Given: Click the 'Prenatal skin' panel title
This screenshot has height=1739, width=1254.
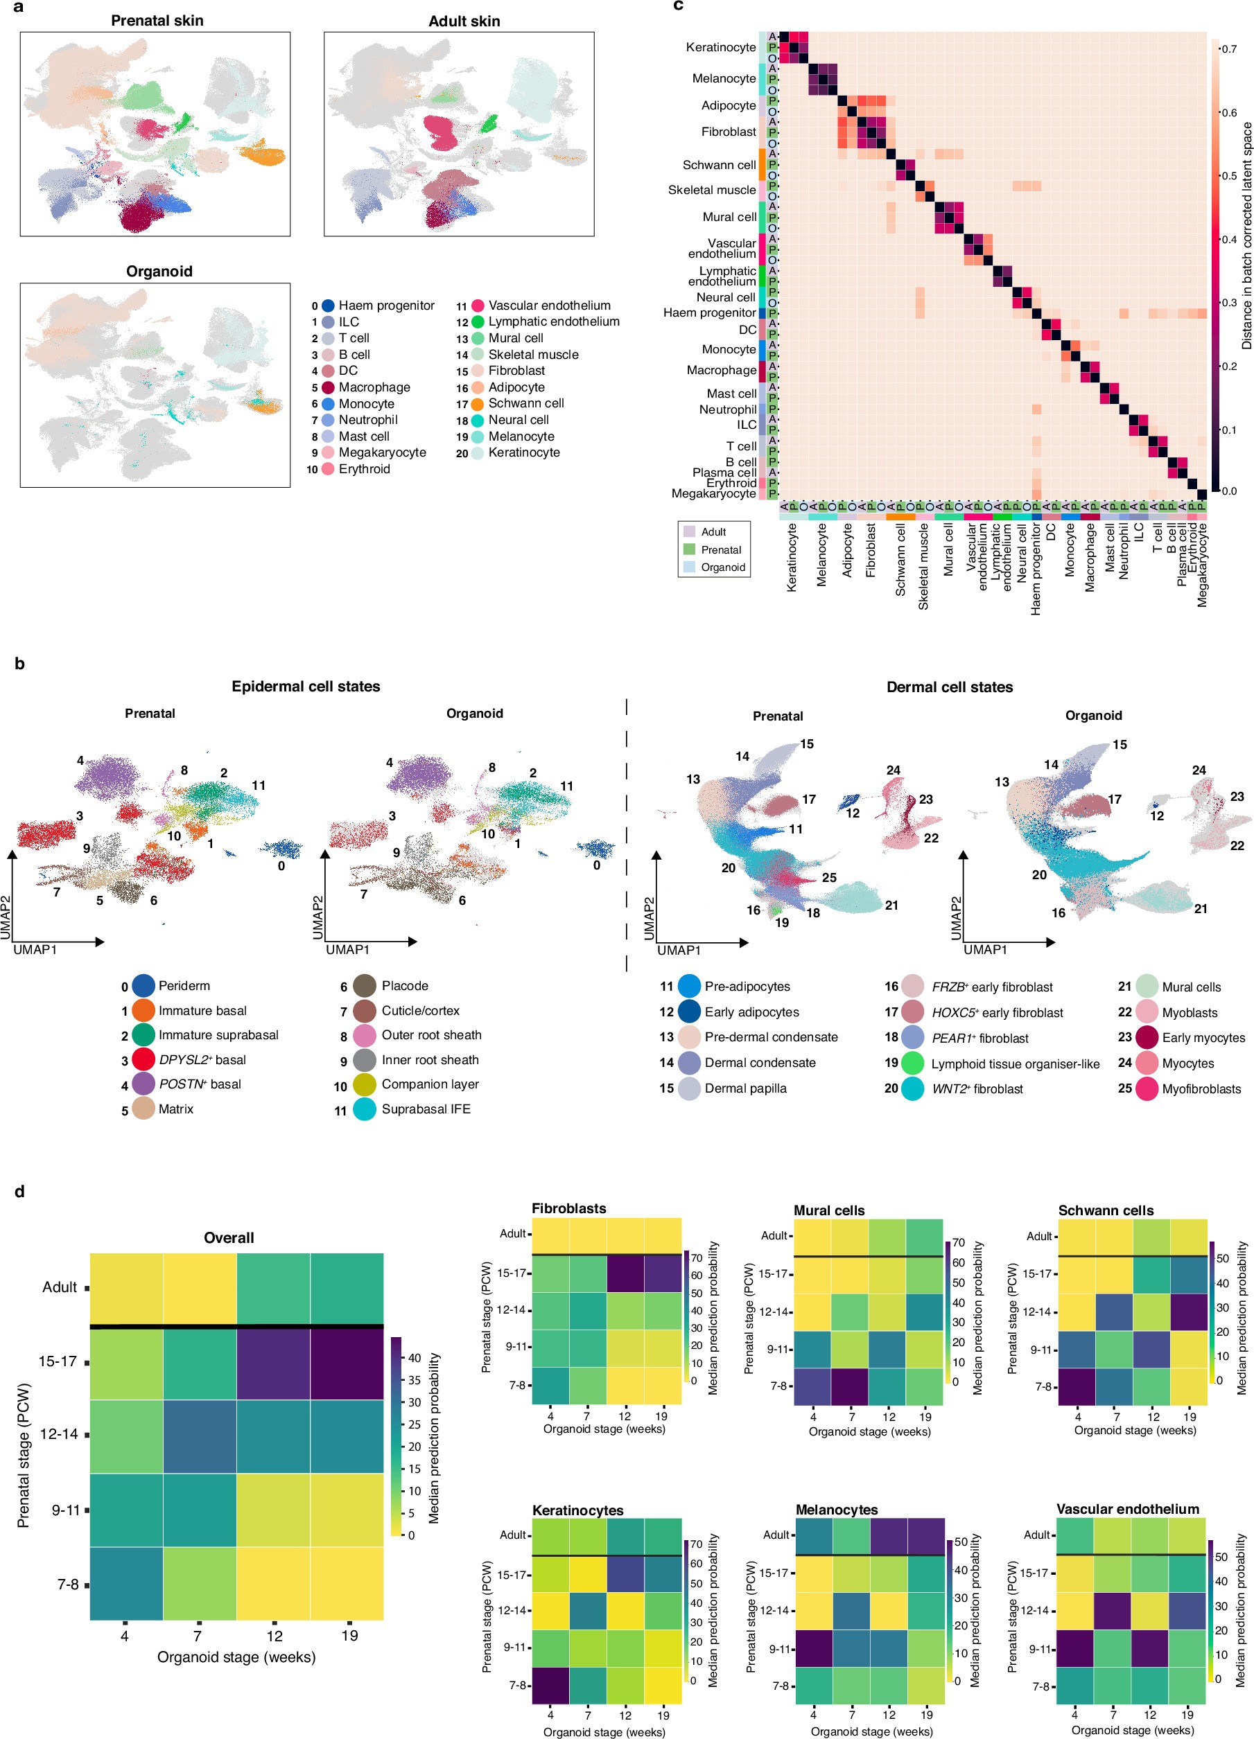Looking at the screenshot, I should click(157, 21).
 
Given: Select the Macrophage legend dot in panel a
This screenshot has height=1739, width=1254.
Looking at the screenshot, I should click(329, 387).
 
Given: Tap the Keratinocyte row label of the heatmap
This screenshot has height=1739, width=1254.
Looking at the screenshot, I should click(720, 48).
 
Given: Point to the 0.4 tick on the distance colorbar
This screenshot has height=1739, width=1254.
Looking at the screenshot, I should click(1228, 239).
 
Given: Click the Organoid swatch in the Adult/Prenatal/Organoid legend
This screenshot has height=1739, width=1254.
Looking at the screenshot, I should click(689, 567).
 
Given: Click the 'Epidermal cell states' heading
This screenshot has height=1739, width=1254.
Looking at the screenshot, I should click(305, 686).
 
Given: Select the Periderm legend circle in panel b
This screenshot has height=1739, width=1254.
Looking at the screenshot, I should click(143, 985).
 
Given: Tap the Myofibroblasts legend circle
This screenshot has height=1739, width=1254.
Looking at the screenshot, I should click(1147, 1089).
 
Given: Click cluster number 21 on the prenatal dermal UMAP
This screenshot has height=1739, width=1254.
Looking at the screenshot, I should click(891, 905).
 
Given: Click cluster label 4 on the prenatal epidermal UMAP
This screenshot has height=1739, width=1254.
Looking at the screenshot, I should click(80, 761).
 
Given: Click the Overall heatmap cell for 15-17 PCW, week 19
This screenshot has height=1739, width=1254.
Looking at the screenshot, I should click(347, 1364).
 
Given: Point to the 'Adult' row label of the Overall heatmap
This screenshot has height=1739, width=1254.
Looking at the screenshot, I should click(59, 1287).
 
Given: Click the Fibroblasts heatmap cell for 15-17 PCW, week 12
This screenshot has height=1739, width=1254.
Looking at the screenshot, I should click(625, 1273).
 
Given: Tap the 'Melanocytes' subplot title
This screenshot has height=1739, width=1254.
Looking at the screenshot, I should click(836, 1510).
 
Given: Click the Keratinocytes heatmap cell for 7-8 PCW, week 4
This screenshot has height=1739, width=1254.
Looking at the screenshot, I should click(550, 1686).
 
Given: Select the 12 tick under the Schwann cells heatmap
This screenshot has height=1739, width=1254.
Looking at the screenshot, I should click(1153, 1416).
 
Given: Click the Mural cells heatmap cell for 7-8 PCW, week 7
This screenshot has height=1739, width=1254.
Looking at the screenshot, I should click(851, 1386).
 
